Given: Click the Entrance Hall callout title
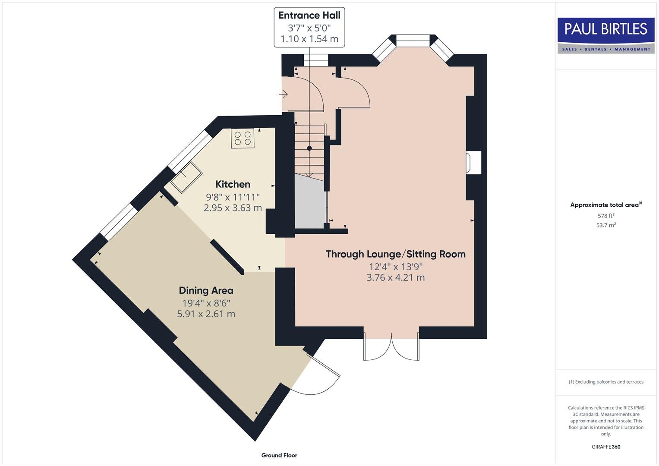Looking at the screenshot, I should tap(309, 16).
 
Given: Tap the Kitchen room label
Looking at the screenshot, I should tap(233, 184).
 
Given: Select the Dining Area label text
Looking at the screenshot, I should tap(206, 290).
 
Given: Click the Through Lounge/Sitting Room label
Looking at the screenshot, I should tap(395, 254).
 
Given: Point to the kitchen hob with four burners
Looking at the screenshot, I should tap(243, 138).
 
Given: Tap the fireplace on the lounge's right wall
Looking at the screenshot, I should tap(473, 163).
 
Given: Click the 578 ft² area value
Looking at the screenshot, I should tap(605, 216).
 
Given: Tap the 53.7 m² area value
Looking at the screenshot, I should tap(605, 225).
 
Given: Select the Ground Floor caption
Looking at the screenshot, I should tap(279, 455).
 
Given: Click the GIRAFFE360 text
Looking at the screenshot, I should tap(605, 447).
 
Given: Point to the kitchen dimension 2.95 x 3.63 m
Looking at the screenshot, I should tap(233, 208).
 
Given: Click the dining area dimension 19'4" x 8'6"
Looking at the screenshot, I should tap(206, 302).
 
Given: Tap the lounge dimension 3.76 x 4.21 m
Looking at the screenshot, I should tap(395, 277).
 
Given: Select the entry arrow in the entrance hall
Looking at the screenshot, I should tap(284, 94).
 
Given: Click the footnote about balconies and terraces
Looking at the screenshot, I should tap(605, 382).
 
